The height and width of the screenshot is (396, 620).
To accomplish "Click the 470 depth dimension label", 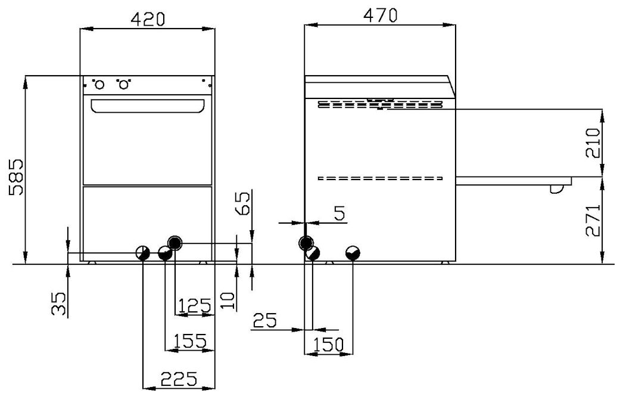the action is (380, 16).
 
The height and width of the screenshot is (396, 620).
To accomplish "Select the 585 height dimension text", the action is (17, 177).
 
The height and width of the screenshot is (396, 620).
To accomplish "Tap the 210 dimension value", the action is (593, 143).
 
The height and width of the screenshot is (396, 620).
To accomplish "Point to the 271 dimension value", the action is (593, 220).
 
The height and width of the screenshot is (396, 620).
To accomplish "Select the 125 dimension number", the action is (194, 306).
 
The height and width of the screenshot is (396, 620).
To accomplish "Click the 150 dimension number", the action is (328, 345).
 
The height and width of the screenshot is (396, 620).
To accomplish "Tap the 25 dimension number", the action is (264, 320).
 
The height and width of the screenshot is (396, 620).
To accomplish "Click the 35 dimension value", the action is (58, 304).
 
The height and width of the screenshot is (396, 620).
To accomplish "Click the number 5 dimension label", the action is (339, 214).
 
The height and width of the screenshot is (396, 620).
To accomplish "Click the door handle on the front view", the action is (148, 106).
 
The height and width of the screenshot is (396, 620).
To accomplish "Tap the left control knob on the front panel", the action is (99, 85).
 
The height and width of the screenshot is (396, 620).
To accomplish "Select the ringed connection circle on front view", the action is (175, 242).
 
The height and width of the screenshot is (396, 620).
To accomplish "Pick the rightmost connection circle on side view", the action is (353, 253).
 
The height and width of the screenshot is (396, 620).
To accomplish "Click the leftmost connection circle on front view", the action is (143, 253).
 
